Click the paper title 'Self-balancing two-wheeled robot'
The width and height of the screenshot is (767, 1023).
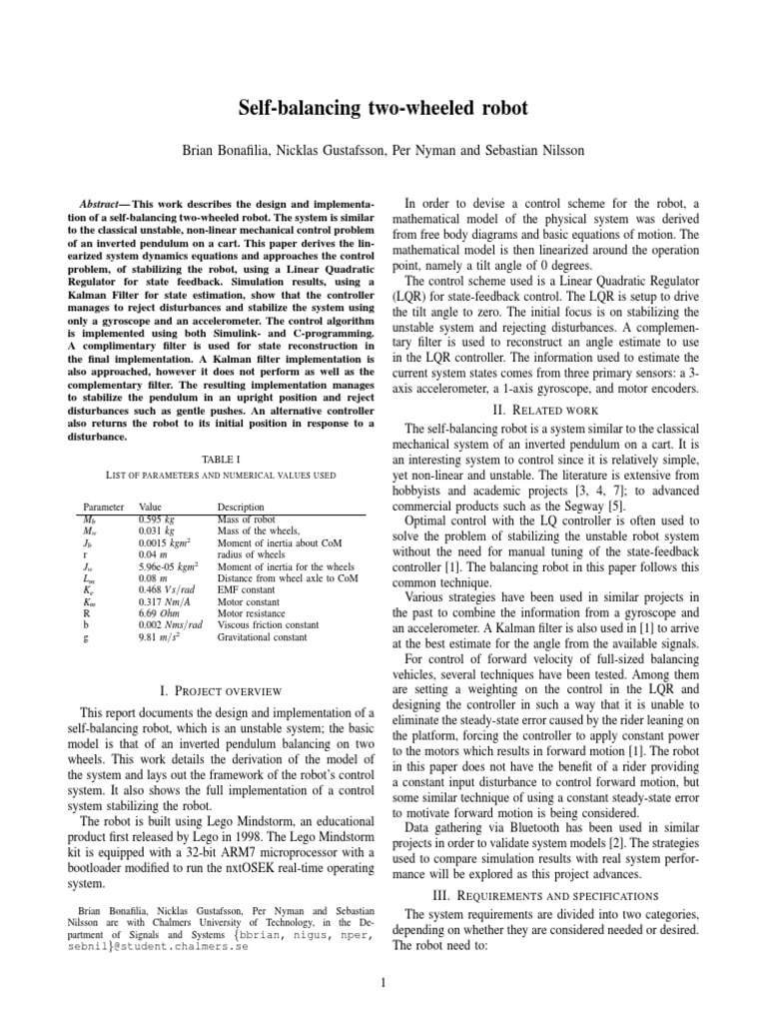[x=383, y=108]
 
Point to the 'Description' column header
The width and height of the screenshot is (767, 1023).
[x=240, y=509]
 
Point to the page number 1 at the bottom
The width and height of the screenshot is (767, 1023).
[x=383, y=983]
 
